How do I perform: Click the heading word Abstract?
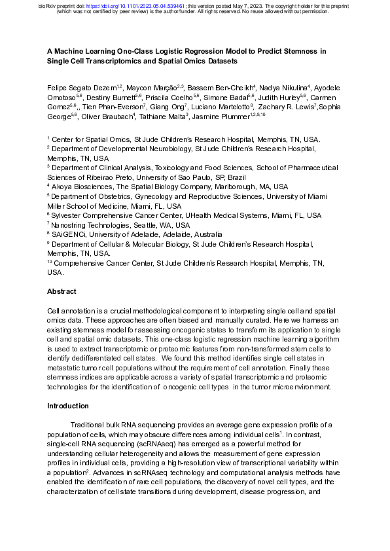click(62, 291)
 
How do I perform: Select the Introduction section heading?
click(69, 406)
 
